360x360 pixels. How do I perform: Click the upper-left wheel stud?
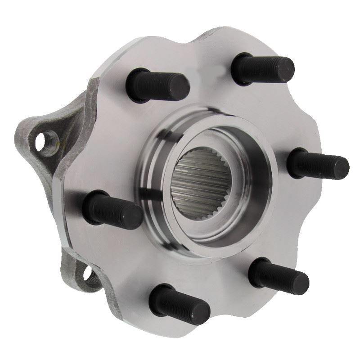tap(157, 85)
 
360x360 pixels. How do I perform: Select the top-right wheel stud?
tap(263, 68)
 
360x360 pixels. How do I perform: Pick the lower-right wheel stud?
tap(279, 275)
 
